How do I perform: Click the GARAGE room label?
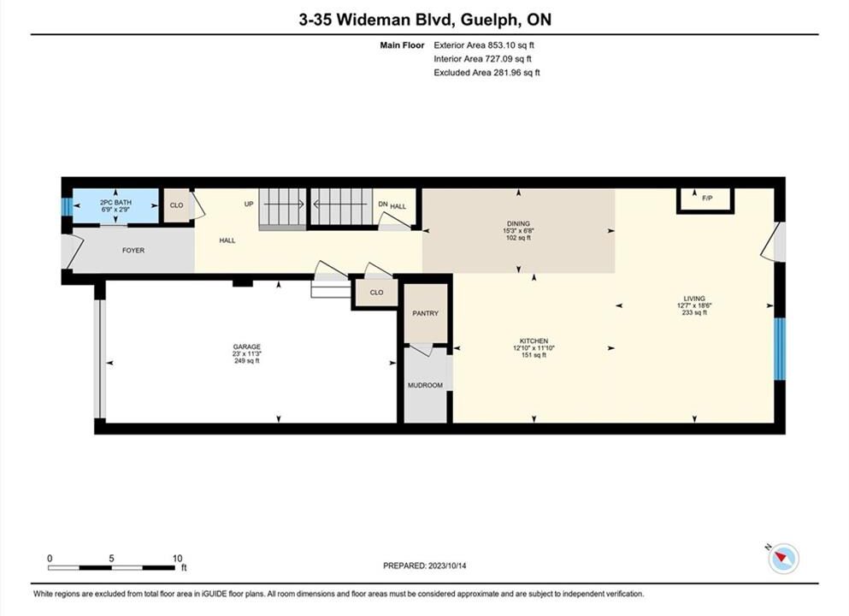coord(247,346)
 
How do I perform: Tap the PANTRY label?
coord(426,313)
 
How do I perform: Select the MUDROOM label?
coord(425,385)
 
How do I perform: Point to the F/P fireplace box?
coord(705,200)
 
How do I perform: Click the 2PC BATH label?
coord(116,202)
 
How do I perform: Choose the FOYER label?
coord(133,251)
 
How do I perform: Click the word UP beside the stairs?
coord(249,204)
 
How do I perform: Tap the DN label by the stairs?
coord(383,204)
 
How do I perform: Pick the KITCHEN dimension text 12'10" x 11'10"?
coord(534,348)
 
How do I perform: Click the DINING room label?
coord(518,223)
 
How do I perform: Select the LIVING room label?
coord(694,299)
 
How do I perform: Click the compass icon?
coord(783,558)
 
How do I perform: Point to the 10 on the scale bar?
coord(178,559)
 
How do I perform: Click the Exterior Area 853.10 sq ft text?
coord(484,45)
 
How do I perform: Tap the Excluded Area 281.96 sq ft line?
coord(486,73)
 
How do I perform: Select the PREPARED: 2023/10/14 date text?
coord(424,566)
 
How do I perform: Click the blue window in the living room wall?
coord(779,349)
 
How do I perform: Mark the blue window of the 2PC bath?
coord(66,206)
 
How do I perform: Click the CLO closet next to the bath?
coord(176,205)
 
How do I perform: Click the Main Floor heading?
coord(403,45)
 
